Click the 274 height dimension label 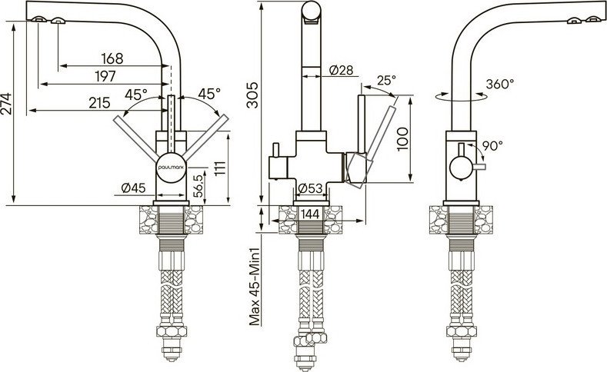click(x=7, y=110)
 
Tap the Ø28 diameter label click(x=341, y=71)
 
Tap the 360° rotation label click(x=501, y=85)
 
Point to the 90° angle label click(x=492, y=144)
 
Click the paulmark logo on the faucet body click(x=171, y=164)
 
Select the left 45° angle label click(x=136, y=95)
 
